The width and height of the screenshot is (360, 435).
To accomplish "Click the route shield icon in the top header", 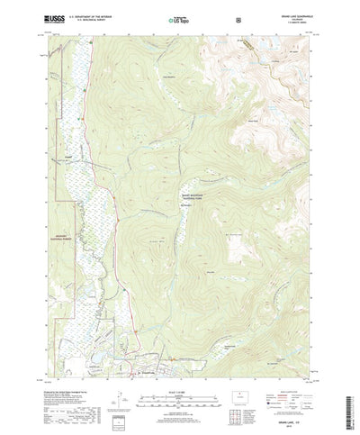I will tap(237, 17).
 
